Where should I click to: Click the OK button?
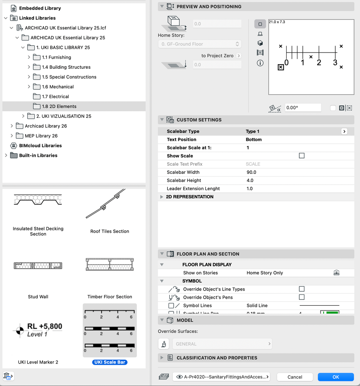coord(336,377)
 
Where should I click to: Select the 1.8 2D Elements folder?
coord(59,106)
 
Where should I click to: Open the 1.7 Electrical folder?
coord(55,97)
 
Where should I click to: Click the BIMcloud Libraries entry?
coord(40,146)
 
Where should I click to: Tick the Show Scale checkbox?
coord(302,156)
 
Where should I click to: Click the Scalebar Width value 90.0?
coord(251,172)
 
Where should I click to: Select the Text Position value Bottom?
coord(254,139)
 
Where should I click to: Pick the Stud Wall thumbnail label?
coord(38,297)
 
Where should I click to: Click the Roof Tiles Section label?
coord(110,231)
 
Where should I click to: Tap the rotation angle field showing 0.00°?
coord(303,108)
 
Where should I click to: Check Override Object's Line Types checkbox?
coord(302,289)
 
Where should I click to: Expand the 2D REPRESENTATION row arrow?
coord(162,197)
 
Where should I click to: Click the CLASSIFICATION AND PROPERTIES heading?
coord(217,358)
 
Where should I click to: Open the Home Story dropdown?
coord(200,44)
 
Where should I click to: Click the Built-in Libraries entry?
coord(38,155)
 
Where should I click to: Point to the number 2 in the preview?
coord(319,63)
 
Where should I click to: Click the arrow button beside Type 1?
coord(344,131)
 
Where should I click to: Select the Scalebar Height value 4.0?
coord(250,180)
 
